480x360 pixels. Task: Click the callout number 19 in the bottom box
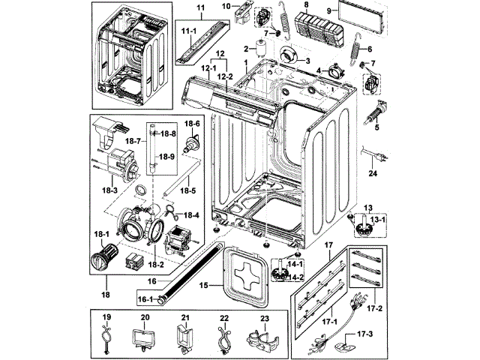(106, 318)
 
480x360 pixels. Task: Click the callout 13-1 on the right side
(378, 219)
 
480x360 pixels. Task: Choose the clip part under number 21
(184, 337)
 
